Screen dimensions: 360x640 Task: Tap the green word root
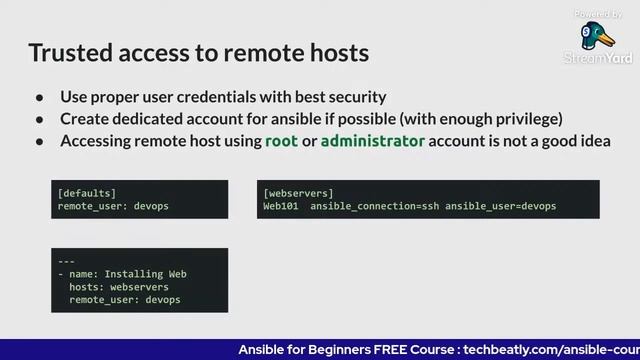[x=281, y=141]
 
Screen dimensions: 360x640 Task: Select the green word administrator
[x=372, y=141]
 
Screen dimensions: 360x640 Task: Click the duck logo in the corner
[x=599, y=38]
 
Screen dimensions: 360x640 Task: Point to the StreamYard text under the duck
[x=598, y=59]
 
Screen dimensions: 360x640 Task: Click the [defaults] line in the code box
[x=87, y=192]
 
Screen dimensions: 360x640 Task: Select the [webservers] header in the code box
[x=298, y=192]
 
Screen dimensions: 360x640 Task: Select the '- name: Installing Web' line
[x=122, y=273]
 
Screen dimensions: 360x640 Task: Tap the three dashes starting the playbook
[x=66, y=260]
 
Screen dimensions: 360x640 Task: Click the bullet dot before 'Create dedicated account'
[x=40, y=119]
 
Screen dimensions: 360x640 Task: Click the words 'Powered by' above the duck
[x=598, y=14]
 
